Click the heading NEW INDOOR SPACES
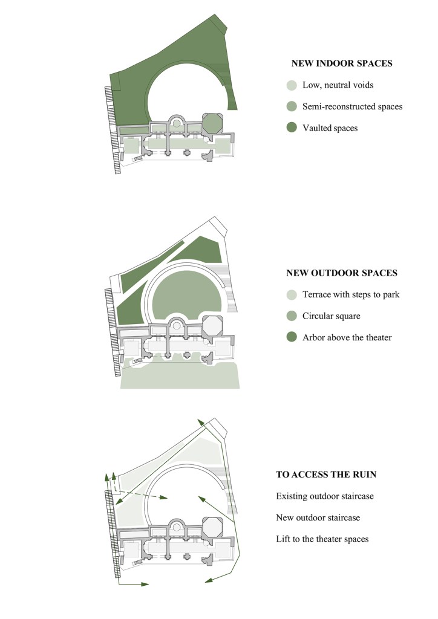pos(342,63)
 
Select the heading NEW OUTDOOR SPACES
pos(341,273)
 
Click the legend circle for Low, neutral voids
pos(292,85)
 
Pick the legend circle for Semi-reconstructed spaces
pos(292,106)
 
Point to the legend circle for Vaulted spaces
pos(292,128)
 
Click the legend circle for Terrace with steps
pos(292,294)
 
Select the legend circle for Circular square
pos(292,316)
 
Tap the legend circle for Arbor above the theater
pos(292,337)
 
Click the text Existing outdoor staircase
pos(324,496)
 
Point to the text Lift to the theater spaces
pos(322,539)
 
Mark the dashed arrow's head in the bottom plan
pos(165,497)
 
